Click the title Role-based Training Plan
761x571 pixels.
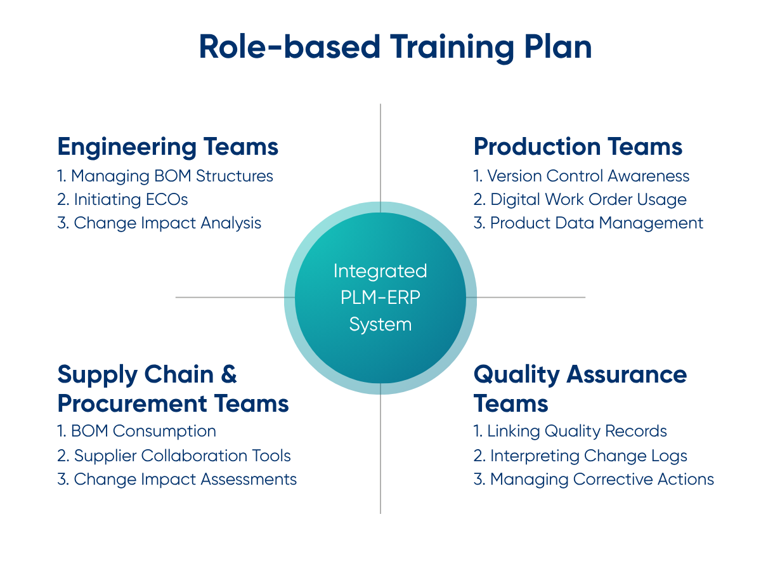pyautogui.click(x=395, y=48)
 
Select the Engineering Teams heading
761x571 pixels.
pyautogui.click(x=168, y=147)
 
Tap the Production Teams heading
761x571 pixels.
pyautogui.click(x=578, y=147)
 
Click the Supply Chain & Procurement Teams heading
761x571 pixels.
pyautogui.click(x=172, y=388)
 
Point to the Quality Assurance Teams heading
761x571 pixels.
pyautogui.click(x=580, y=388)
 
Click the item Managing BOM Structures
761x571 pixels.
pyautogui.click(x=166, y=176)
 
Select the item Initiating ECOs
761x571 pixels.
pyautogui.click(x=123, y=199)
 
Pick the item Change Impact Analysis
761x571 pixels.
pyautogui.click(x=159, y=223)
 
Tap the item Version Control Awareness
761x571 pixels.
pyautogui.click(x=582, y=176)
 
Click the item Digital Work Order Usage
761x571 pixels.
pyautogui.click(x=580, y=199)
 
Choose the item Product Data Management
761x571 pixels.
pyautogui.click(x=589, y=223)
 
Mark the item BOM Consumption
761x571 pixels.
pyautogui.click(x=137, y=431)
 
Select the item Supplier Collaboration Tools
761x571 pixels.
pyautogui.click(x=174, y=456)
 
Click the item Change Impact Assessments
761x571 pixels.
pyautogui.click(x=177, y=479)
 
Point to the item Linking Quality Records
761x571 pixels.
pyautogui.click(x=570, y=431)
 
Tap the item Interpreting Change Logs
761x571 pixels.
pyautogui.click(x=580, y=456)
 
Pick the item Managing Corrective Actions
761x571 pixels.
pyautogui.click(x=594, y=479)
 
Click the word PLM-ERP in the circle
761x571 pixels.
pyautogui.click(x=380, y=298)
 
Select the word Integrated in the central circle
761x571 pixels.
pyautogui.click(x=380, y=272)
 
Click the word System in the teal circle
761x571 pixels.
pyautogui.click(x=380, y=325)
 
